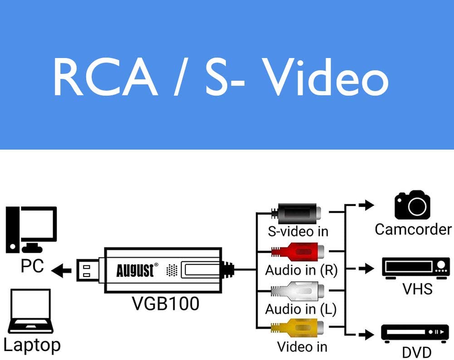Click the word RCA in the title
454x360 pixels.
[105, 78]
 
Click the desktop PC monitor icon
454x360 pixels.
[31, 229]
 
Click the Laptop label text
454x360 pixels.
[32, 345]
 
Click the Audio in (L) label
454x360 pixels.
[301, 309]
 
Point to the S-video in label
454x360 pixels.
[298, 231]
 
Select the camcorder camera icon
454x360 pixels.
[412, 205]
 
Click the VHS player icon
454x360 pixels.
[415, 268]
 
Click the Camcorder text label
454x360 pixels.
[413, 229]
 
